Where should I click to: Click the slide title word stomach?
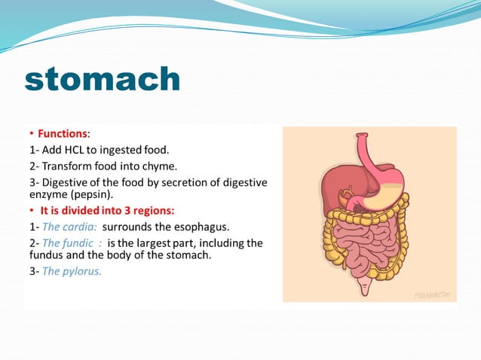click(103, 79)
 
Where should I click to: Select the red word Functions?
click(63, 133)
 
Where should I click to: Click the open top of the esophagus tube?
click(364, 137)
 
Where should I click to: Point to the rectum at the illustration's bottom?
click(367, 287)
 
